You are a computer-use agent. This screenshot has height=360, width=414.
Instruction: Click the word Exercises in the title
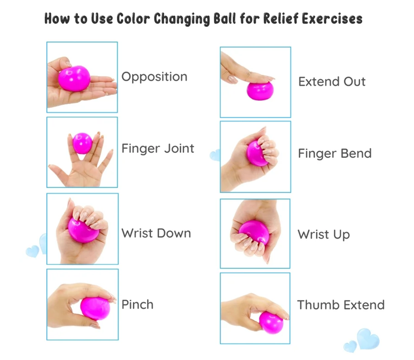click(x=332, y=19)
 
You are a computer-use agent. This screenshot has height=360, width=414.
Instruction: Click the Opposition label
click(x=154, y=77)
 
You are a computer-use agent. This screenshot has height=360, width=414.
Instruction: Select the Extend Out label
click(x=332, y=82)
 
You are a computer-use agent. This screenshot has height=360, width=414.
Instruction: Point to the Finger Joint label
click(x=158, y=149)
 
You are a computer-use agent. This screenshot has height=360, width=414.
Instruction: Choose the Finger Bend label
click(x=335, y=153)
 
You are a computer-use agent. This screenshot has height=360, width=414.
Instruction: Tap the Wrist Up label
click(x=324, y=235)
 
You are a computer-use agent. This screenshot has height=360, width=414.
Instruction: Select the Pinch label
click(x=138, y=304)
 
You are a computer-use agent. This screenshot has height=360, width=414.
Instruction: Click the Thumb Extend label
click(x=341, y=305)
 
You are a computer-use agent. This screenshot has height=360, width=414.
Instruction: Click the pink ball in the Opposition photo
click(x=74, y=78)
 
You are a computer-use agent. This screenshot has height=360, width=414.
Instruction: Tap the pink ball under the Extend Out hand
click(x=260, y=91)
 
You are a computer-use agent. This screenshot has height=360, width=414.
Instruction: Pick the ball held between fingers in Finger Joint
click(x=82, y=143)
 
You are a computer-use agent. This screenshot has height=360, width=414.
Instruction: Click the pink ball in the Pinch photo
click(x=95, y=309)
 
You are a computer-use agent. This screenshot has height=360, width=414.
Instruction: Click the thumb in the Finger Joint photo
click(x=59, y=173)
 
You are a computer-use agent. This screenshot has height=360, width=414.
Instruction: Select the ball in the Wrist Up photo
click(x=254, y=232)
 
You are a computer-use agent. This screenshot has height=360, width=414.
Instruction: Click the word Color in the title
click(x=133, y=19)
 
